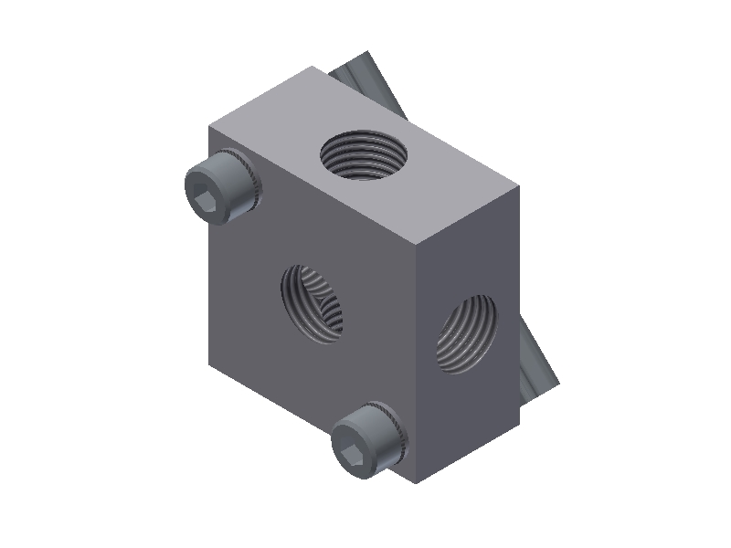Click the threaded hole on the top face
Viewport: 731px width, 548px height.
click(x=365, y=154)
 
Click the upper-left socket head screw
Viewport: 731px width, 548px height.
click(x=222, y=186)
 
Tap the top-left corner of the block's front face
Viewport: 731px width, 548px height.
click(x=210, y=130)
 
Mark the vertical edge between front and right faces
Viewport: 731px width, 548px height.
click(x=418, y=365)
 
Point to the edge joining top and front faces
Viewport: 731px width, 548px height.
click(x=311, y=188)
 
